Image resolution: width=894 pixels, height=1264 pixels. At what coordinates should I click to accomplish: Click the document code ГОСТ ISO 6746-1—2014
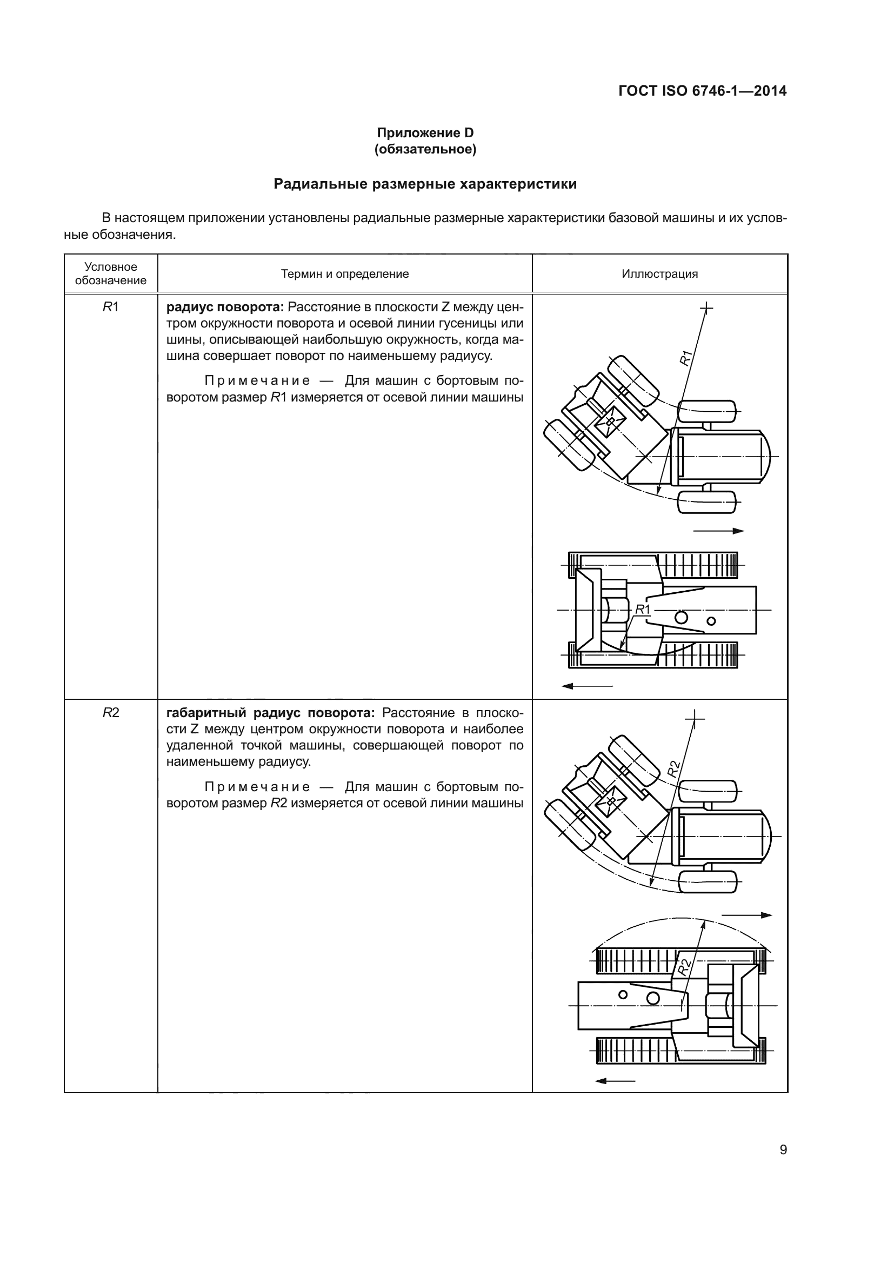click(x=703, y=91)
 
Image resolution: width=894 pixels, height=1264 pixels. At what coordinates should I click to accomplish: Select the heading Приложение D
click(x=425, y=133)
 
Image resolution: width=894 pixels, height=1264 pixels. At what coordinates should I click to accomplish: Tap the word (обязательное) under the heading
click(x=425, y=149)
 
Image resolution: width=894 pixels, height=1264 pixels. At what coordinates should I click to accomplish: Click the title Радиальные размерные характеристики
click(x=425, y=184)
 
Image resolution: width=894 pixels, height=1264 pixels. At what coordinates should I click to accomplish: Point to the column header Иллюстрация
click(x=659, y=274)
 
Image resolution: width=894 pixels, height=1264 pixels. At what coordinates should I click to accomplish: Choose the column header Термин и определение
click(x=345, y=274)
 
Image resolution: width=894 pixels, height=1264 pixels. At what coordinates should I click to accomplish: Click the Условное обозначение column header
click(x=111, y=273)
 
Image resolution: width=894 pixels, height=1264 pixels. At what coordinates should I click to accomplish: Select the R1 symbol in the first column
click(x=111, y=307)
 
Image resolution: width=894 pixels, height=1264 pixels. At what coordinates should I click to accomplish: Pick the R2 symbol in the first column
click(x=111, y=713)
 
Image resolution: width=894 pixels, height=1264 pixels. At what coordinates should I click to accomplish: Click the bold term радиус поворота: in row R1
click(x=225, y=307)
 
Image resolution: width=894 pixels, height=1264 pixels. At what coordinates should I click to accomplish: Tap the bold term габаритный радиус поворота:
click(x=270, y=713)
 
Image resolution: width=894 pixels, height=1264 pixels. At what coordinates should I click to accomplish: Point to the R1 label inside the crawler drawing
click(x=643, y=610)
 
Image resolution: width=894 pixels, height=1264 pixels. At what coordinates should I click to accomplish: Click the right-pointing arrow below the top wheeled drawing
click(x=718, y=531)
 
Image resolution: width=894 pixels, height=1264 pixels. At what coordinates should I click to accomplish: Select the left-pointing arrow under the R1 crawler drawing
click(x=587, y=686)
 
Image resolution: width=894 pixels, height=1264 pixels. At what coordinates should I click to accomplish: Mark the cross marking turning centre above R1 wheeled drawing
click(x=706, y=307)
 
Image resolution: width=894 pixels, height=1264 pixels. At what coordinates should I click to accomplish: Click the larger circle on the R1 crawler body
click(x=682, y=617)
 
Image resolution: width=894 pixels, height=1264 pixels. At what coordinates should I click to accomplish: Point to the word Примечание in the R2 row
click(x=257, y=787)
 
